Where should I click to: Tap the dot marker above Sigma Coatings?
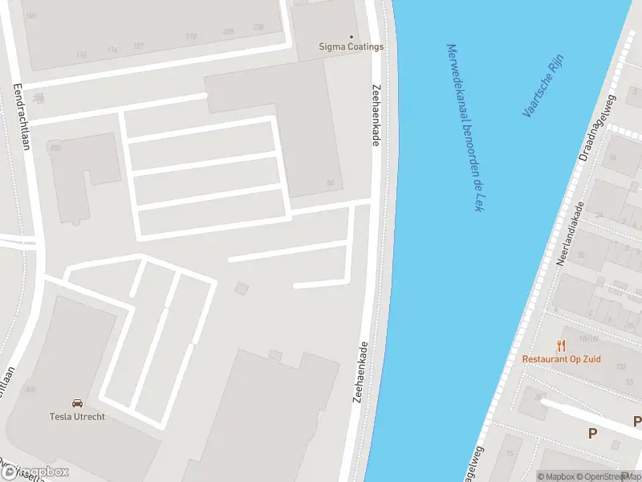click(x=351, y=36)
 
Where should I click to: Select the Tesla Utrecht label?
click(x=77, y=416)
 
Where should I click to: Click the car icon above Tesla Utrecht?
click(x=77, y=403)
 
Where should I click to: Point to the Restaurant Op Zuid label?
click(x=561, y=358)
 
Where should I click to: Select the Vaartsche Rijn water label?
click(x=543, y=86)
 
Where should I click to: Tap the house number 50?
click(x=330, y=183)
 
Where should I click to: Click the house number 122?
click(x=139, y=47)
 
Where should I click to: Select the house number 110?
click(x=81, y=55)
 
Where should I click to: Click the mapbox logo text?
click(x=40, y=472)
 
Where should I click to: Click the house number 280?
click(x=55, y=148)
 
